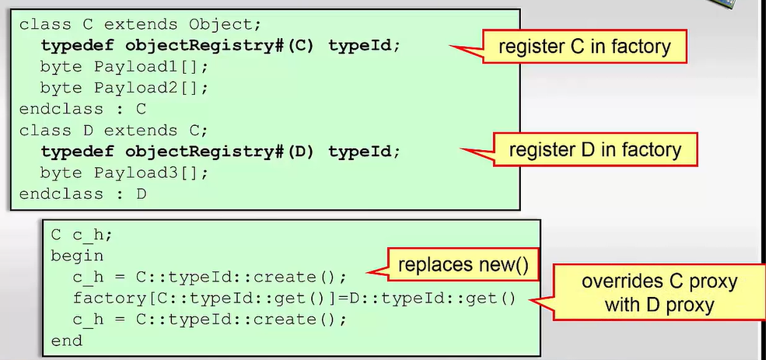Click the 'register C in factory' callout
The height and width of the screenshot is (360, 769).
pos(584,47)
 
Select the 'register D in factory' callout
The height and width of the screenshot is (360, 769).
pos(595,149)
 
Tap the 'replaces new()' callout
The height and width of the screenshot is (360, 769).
pos(463,265)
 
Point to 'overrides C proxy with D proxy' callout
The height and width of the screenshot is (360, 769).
pos(659,293)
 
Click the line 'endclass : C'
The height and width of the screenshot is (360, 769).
pos(83,109)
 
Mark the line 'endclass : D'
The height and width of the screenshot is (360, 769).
pos(83,194)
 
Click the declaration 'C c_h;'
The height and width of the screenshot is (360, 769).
pos(82,236)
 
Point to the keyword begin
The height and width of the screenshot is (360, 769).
pos(77,257)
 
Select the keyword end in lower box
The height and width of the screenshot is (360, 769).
pos(67,341)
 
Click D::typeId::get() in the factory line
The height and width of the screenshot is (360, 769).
pos(433,299)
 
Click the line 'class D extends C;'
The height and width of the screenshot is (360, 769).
pos(114,131)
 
